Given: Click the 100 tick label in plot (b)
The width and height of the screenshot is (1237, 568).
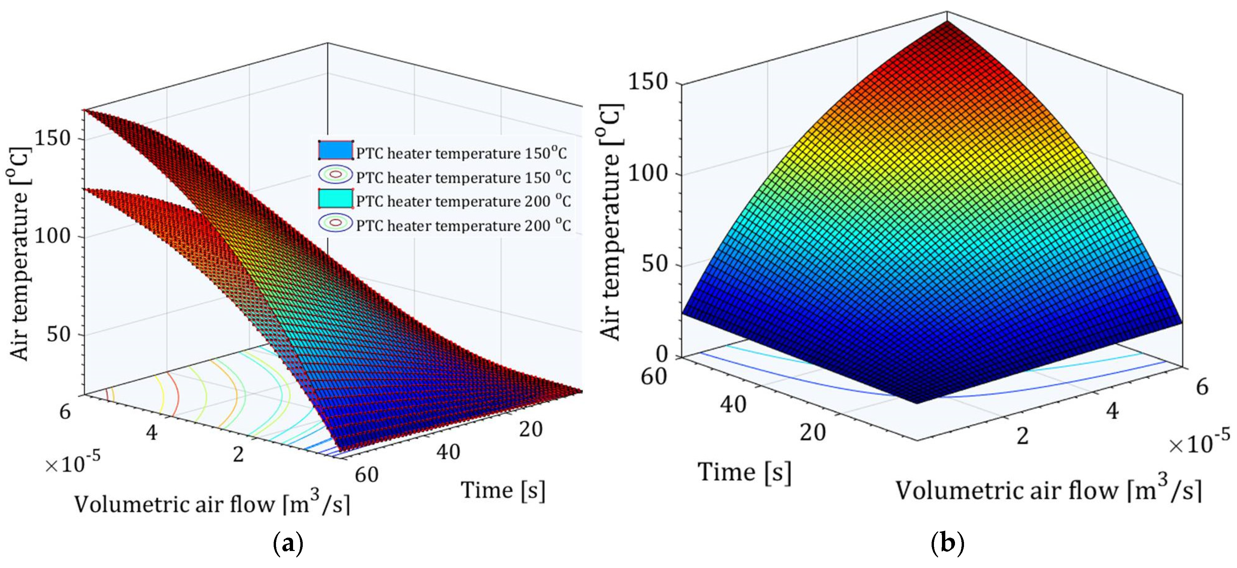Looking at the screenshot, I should pos(648,173).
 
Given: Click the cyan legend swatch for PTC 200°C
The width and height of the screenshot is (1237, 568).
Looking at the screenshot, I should pos(335,199).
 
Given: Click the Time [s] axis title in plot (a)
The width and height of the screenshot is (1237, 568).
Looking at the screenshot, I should pos(503,490).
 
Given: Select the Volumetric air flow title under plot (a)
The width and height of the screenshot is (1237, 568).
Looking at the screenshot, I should pos(211,504).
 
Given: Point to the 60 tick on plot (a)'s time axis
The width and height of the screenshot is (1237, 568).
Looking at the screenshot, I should pos(367,475).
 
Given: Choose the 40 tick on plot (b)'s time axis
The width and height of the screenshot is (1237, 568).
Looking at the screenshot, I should pos(733,405).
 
